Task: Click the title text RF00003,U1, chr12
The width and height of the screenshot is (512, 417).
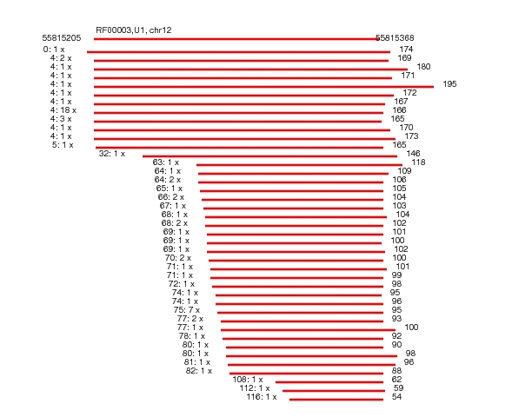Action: click(x=134, y=30)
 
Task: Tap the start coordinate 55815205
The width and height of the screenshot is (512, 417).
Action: click(x=62, y=38)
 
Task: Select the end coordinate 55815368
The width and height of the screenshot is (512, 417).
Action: click(x=395, y=38)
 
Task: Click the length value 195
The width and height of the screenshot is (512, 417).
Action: click(x=449, y=84)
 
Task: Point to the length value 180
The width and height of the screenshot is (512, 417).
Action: click(x=423, y=67)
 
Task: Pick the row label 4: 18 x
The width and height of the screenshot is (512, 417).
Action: click(x=63, y=110)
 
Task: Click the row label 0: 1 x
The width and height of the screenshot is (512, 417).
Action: click(x=54, y=50)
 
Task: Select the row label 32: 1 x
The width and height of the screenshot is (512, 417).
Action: click(x=112, y=154)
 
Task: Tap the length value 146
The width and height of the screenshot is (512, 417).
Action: click(x=413, y=154)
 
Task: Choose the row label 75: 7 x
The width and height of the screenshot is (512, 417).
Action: click(x=187, y=309)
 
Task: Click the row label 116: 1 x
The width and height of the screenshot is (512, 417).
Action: click(x=262, y=397)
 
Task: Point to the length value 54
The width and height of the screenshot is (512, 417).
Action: click(x=396, y=397)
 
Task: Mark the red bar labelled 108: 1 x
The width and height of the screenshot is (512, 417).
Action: click(x=329, y=382)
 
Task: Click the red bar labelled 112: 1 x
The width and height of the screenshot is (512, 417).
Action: click(x=334, y=391)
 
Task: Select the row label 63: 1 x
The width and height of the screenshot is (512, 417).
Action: click(x=166, y=162)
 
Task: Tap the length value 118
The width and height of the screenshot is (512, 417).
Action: click(x=418, y=162)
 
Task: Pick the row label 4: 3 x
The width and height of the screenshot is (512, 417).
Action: click(x=61, y=119)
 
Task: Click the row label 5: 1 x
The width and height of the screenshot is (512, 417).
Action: click(x=63, y=144)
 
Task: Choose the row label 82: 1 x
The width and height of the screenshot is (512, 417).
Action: click(x=199, y=371)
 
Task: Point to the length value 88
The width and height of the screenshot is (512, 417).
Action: click(x=396, y=371)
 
